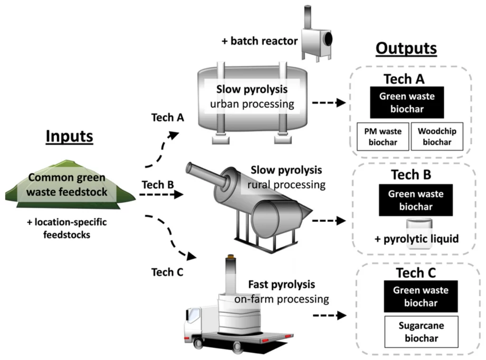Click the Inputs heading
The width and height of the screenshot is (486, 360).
[x=69, y=136]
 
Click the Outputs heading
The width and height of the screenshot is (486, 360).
[x=406, y=48]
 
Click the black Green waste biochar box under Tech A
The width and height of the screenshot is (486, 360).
[x=407, y=102]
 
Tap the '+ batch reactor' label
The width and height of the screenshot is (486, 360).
[x=259, y=41]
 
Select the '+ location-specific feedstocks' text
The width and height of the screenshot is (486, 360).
[x=66, y=228]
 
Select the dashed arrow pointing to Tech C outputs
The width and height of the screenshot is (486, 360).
[x=328, y=315]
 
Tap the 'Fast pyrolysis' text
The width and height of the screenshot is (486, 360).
[x=281, y=285]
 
